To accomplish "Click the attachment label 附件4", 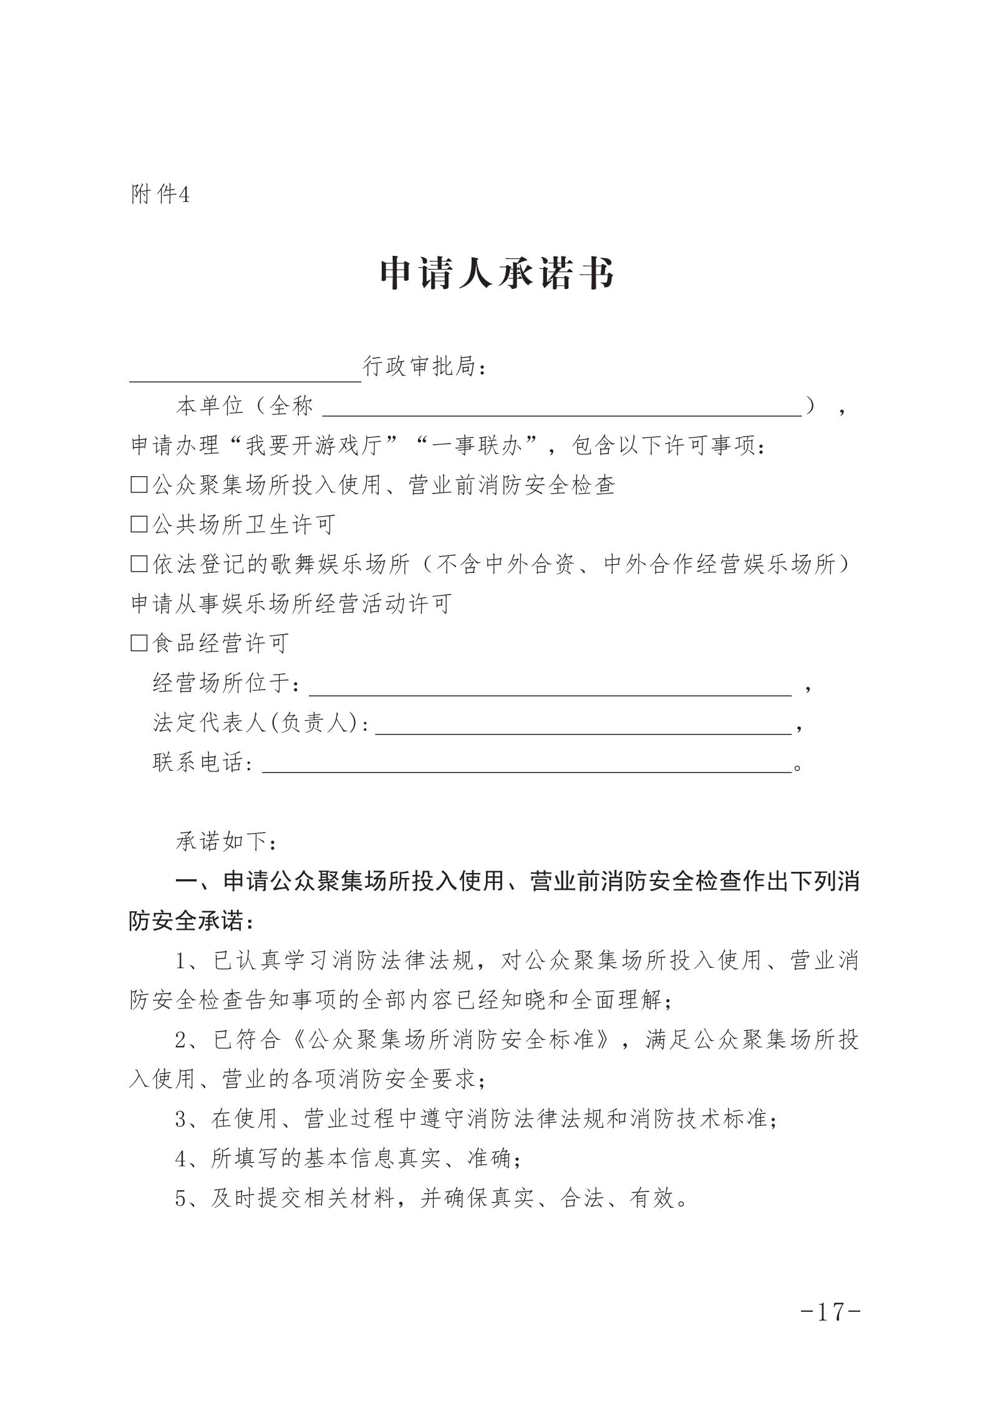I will [x=160, y=195].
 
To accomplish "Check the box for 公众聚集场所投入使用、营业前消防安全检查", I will [x=138, y=485].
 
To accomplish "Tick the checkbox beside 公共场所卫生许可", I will [x=138, y=524].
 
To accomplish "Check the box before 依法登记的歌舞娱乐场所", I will [x=138, y=564].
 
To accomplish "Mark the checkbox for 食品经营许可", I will [x=138, y=643].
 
